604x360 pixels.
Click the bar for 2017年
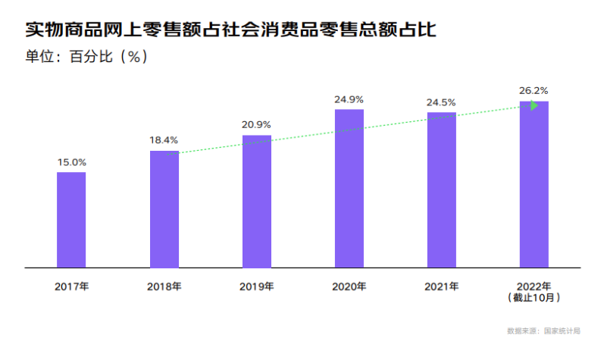pyautogui.click(x=71, y=220)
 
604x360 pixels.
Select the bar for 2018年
pyautogui.click(x=164, y=209)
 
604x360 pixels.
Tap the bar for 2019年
pyautogui.click(x=256, y=202)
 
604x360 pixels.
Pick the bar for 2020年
pyautogui.click(x=349, y=189)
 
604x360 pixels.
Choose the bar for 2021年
pyautogui.click(x=441, y=190)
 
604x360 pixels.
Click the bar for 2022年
pyautogui.click(x=534, y=185)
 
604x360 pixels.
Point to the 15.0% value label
pyautogui.click(x=71, y=162)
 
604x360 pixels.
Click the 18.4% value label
pyautogui.click(x=164, y=140)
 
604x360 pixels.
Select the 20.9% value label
pyautogui.click(x=256, y=124)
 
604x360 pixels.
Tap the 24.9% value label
pyautogui.click(x=349, y=99)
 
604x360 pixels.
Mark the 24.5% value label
pyautogui.click(x=441, y=102)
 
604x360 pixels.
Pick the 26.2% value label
pyautogui.click(x=534, y=90)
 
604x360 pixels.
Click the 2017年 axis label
pyautogui.click(x=71, y=287)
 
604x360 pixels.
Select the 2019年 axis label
pyautogui.click(x=256, y=287)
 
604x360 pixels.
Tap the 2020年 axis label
pyautogui.click(x=349, y=287)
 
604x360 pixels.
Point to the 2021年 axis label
pyautogui.click(x=441, y=287)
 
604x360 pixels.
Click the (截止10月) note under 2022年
pyautogui.click(x=534, y=298)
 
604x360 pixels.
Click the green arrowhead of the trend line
pyautogui.click(x=534, y=105)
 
